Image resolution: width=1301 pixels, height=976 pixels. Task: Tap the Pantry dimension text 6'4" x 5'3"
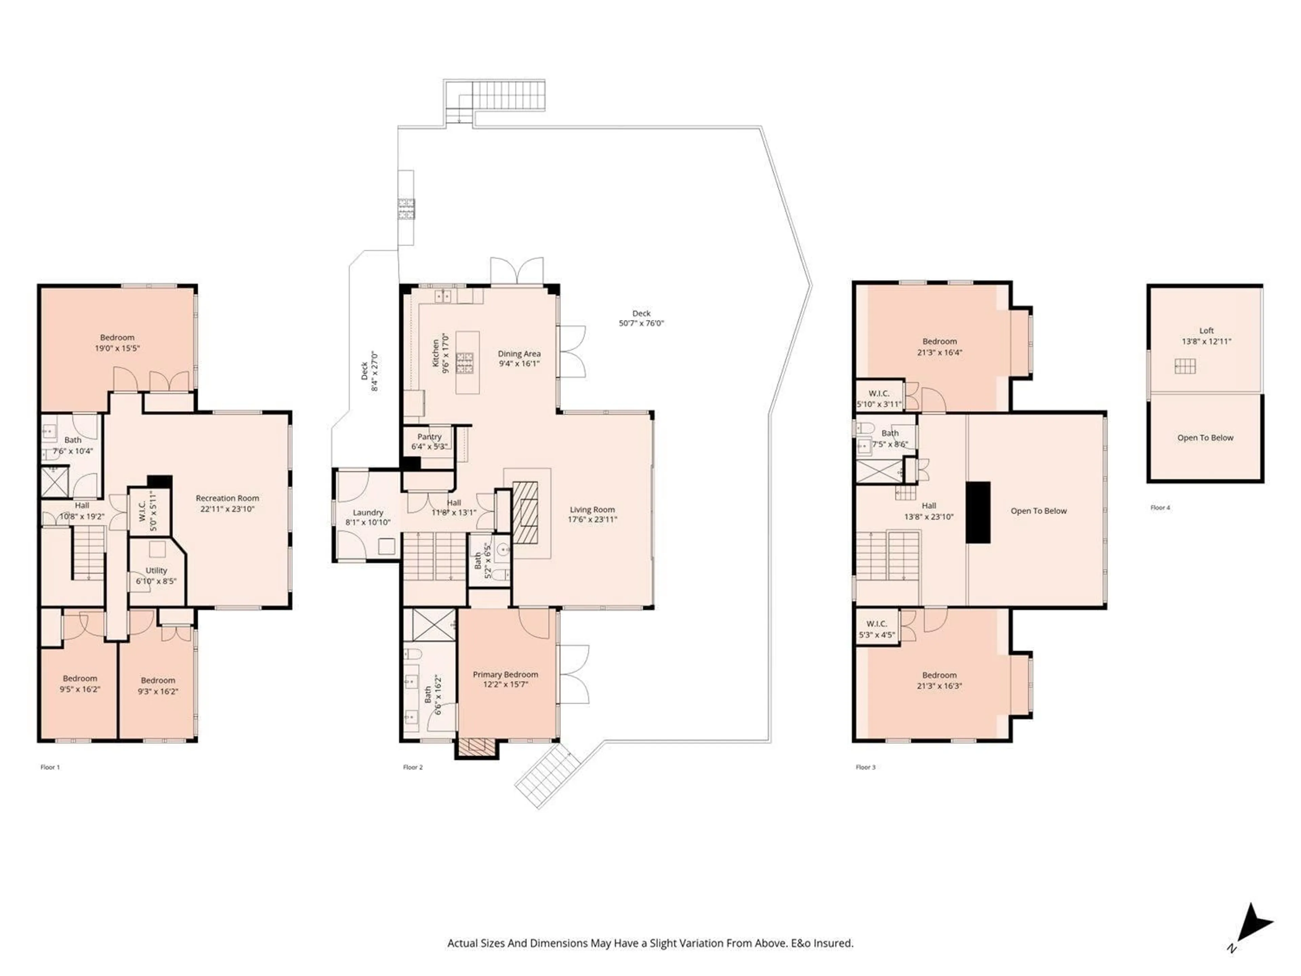[x=429, y=447]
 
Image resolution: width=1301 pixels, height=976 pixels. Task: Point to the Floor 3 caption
[x=865, y=767]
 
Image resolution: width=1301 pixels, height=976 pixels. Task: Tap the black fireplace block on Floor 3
[x=979, y=512]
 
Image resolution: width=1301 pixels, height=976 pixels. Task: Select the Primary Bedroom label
[x=505, y=674]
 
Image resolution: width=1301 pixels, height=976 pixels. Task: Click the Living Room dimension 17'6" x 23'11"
[x=592, y=520]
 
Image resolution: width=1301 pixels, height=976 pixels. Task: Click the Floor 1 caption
[x=50, y=767]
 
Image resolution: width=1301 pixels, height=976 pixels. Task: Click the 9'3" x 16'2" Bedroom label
[x=158, y=686]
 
